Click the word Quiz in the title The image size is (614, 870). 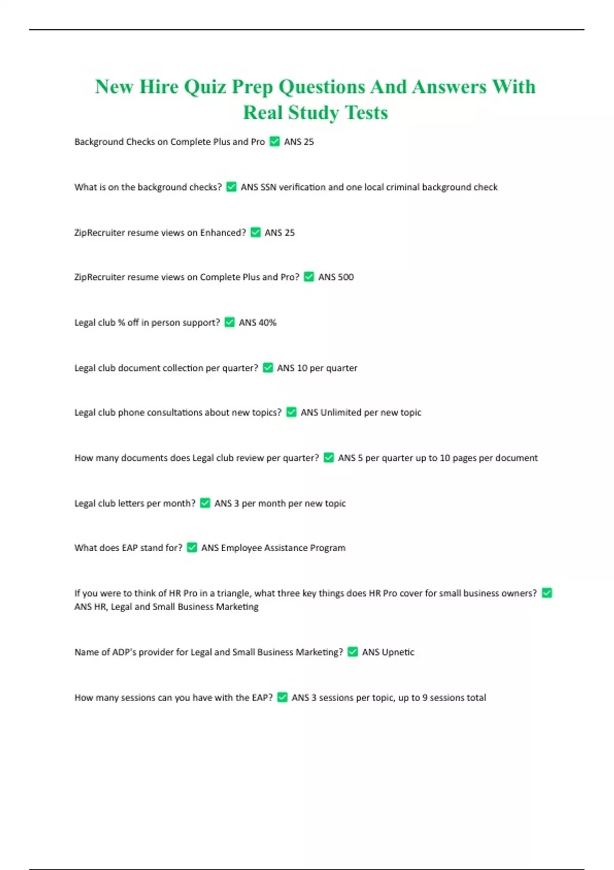205,87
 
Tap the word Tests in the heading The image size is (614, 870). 366,113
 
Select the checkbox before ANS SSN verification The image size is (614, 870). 231,187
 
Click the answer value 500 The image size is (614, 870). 345,277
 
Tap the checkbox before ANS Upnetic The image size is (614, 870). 353,651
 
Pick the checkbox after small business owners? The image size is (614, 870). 547,593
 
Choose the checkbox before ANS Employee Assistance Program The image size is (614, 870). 192,548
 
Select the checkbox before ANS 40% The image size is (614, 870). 230,322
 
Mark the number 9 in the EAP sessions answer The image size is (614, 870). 425,698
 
